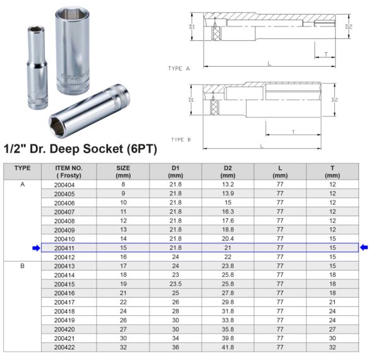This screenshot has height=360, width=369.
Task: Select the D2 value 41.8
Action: (228, 347)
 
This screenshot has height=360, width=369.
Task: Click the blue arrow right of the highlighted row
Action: (363, 248)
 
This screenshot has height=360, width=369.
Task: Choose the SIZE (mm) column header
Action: (123, 171)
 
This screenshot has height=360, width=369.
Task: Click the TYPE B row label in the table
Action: (22, 266)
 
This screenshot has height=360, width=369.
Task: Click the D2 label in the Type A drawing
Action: (349, 26)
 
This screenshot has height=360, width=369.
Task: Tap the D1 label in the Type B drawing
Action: (191, 100)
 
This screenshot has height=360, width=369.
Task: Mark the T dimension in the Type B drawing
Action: (293, 131)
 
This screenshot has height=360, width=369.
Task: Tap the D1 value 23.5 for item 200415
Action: (175, 284)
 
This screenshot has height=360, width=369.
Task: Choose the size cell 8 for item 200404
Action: (123, 184)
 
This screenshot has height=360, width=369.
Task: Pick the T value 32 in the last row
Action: (332, 347)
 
